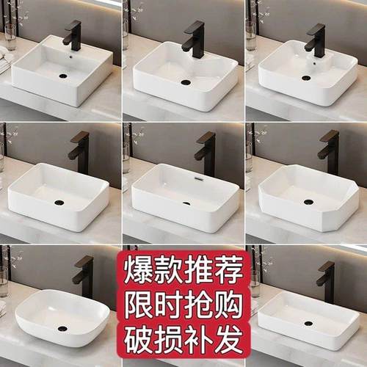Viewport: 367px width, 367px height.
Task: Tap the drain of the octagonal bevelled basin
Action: coord(308,202)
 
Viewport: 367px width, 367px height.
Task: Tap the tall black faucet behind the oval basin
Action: coord(85,275)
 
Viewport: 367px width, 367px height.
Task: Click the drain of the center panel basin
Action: coord(186,203)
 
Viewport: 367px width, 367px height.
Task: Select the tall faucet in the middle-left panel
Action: coord(79,150)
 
